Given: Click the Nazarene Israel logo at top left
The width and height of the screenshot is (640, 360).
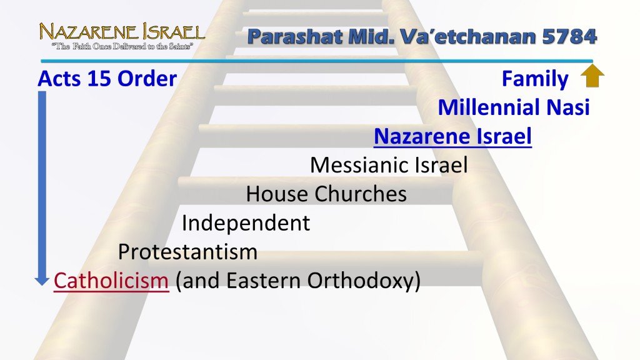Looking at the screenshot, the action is [x=122, y=36].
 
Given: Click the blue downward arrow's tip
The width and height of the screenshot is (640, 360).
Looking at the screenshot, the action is [x=42, y=285].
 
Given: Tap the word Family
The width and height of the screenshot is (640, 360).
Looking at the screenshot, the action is [x=535, y=79].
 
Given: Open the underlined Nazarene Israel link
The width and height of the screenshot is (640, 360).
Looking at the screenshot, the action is [x=452, y=136].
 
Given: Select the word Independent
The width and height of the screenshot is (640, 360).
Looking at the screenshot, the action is [x=246, y=223].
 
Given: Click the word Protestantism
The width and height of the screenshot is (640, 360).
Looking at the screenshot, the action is [x=187, y=252].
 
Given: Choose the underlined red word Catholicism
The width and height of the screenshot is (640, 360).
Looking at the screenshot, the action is [x=111, y=281].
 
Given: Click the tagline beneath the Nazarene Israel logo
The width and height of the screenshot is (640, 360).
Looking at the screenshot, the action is [x=122, y=46].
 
